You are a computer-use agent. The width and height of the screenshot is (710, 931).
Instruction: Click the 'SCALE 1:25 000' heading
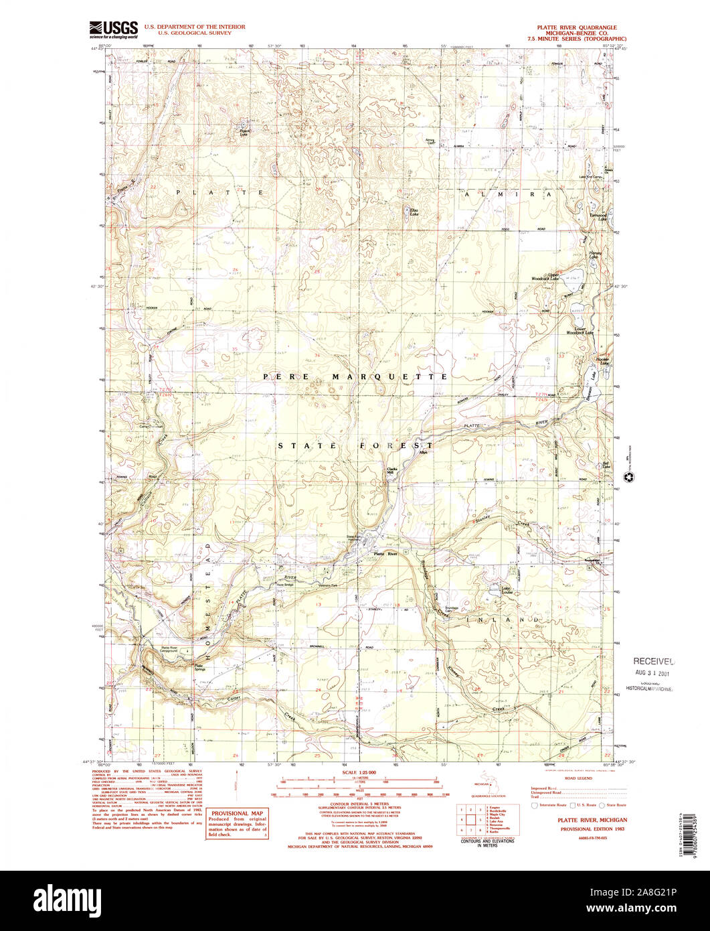click(x=359, y=772)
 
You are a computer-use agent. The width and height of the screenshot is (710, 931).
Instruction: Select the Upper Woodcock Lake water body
click(x=572, y=274)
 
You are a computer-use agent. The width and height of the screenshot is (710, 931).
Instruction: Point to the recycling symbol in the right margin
click(x=628, y=478)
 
